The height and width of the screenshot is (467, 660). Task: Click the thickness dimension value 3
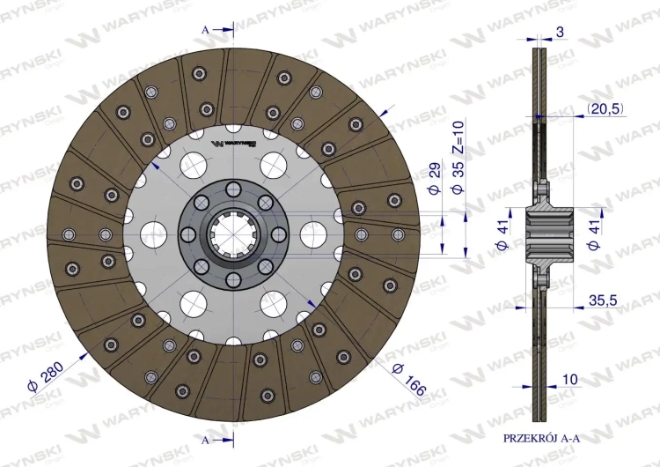tap(561, 33)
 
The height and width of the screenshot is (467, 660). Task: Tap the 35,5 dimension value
tap(604, 300)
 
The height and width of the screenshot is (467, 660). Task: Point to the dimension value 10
tap(570, 380)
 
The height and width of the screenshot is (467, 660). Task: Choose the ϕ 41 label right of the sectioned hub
tap(596, 234)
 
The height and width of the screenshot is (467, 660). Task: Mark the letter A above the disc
tap(206, 30)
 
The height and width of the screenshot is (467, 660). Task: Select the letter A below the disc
tap(206, 438)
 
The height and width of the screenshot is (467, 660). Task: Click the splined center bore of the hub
tap(231, 234)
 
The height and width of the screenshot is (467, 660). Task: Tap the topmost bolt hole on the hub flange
tap(231, 189)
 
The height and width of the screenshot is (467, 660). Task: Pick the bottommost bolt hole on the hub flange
tap(231, 280)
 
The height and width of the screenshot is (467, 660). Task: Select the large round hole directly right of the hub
tap(312, 234)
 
